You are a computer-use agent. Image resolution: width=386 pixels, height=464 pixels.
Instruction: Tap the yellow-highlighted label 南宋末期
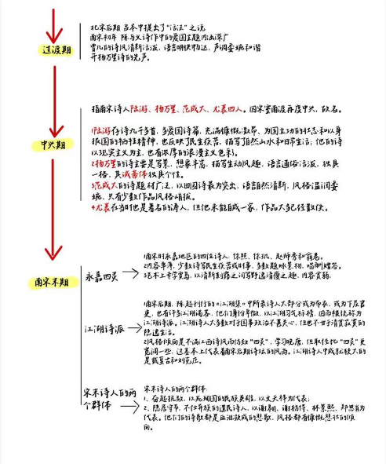[53, 280]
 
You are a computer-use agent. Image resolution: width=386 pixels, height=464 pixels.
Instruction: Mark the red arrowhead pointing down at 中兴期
[53, 128]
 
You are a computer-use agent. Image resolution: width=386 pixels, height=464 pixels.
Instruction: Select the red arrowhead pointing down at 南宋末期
[53, 253]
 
